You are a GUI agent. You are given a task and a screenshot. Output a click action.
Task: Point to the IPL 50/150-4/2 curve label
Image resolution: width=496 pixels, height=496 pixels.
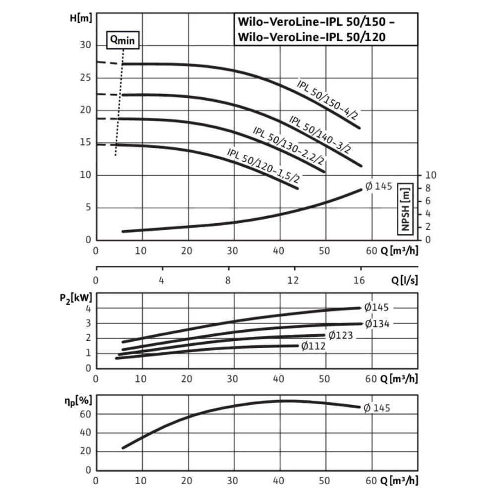pos(328,100)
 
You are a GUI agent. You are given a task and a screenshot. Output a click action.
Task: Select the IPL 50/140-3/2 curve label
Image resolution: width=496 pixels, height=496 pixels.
pos(320,134)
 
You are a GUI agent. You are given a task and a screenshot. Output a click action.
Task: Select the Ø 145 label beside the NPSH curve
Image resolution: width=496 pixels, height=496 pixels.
pos(378,186)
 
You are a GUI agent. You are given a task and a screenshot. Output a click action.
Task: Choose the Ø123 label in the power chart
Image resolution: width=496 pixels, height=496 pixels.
pos(340,335)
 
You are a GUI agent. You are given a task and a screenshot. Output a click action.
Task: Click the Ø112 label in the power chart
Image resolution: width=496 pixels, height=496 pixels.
pos(313,346)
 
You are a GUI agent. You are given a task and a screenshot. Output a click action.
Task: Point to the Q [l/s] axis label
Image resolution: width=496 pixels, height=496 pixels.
pos(405,280)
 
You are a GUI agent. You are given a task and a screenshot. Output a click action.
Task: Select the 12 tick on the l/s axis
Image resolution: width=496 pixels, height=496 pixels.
pos(293,280)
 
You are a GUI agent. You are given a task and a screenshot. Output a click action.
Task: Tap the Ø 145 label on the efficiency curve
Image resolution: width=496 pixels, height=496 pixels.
pos(377,408)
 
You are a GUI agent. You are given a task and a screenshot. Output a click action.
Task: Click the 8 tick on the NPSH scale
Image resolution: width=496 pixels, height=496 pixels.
pos(430,188)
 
